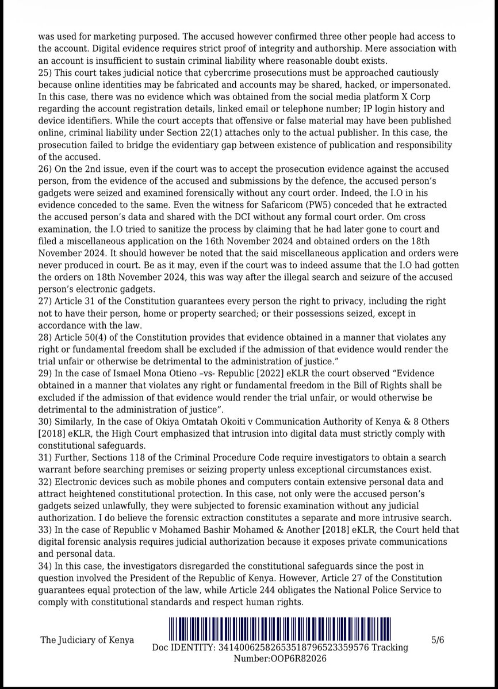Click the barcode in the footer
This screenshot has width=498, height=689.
[x=279, y=629]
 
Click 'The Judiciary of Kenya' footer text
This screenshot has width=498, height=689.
[x=87, y=640]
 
